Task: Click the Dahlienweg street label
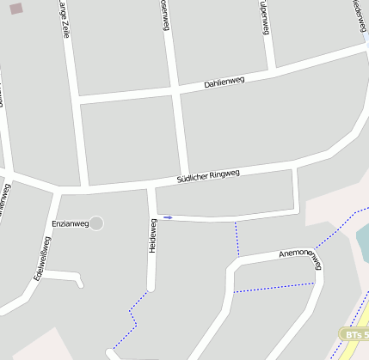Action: (x=224, y=82)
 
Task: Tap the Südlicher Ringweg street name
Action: (x=207, y=176)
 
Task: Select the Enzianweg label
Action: (x=71, y=223)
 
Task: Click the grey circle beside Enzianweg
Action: (x=96, y=223)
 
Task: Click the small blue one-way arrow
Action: (x=168, y=217)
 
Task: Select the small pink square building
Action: (x=15, y=9)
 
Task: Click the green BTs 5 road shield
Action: (x=354, y=333)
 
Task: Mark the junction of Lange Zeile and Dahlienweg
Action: (x=77, y=101)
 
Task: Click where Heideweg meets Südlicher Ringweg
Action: (x=151, y=186)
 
